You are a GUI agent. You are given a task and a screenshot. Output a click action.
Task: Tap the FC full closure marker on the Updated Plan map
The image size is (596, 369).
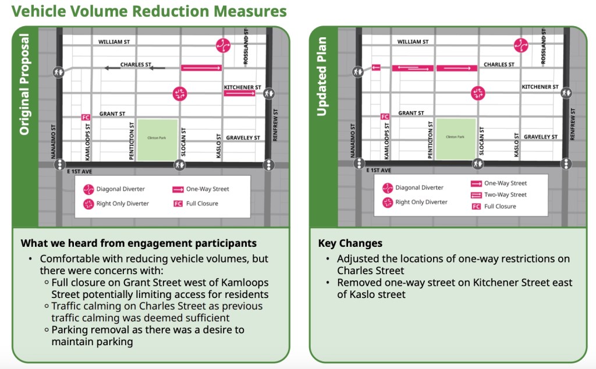[385, 116]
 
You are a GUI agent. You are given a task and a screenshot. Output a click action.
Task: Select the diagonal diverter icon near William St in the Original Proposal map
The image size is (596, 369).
[223, 44]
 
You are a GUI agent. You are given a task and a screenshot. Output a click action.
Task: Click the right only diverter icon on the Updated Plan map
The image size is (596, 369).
[478, 92]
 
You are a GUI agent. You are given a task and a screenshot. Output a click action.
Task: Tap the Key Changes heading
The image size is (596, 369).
[350, 243]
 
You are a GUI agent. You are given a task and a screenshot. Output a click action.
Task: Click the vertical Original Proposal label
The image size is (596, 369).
[24, 84]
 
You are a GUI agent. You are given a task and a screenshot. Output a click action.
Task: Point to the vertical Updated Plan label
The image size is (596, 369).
[322, 77]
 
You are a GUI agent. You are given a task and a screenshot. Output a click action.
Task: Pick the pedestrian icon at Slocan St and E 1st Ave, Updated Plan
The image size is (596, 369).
[478, 165]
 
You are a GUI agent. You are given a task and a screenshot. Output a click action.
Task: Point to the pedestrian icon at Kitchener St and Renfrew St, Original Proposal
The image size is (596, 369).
[268, 92]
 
